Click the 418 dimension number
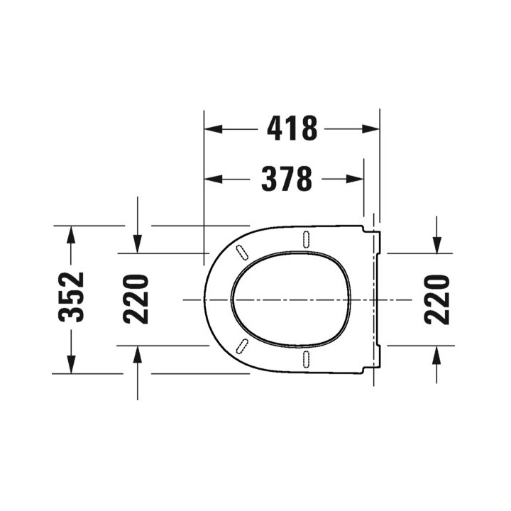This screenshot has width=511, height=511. (x=292, y=128)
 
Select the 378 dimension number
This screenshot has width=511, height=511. (x=287, y=179)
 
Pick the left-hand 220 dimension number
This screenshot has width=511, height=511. (x=136, y=300)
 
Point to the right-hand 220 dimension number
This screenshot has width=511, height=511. (x=437, y=300)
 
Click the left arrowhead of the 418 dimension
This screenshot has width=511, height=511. (x=213, y=129)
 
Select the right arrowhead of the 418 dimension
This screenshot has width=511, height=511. (x=370, y=129)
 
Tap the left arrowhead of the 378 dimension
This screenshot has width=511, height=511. (x=213, y=179)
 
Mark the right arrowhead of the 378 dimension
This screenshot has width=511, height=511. (x=355, y=179)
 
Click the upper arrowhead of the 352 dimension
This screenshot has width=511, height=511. (x=71, y=235)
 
